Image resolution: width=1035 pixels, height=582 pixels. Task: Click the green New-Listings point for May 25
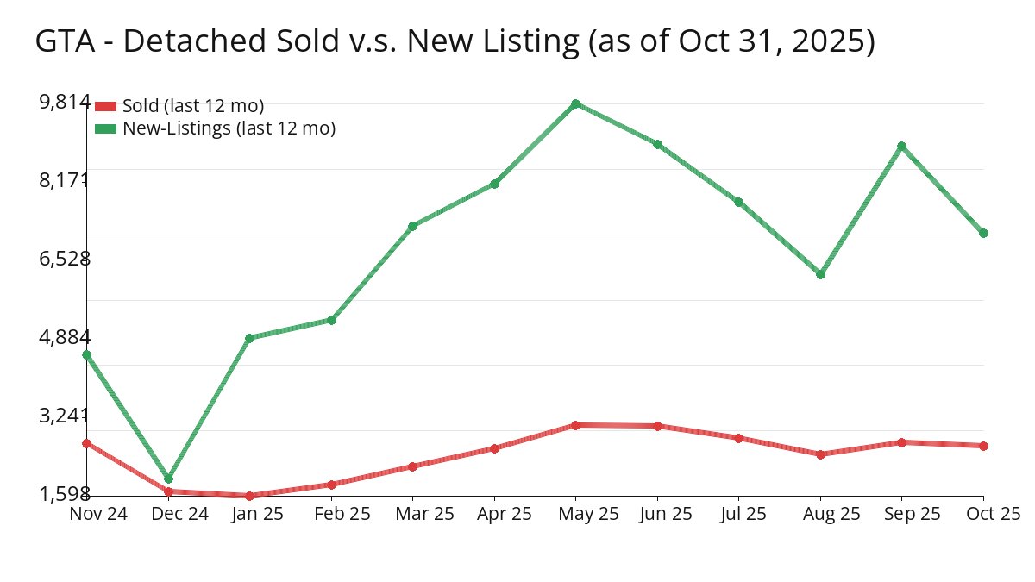click(x=575, y=103)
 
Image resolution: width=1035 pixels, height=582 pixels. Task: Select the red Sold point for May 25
click(x=575, y=425)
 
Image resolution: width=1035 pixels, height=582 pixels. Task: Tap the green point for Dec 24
click(x=168, y=479)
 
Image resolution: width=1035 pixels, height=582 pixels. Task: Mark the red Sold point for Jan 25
click(x=249, y=496)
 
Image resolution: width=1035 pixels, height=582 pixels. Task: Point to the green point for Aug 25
click(x=820, y=274)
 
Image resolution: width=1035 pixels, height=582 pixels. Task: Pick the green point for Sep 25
click(x=901, y=146)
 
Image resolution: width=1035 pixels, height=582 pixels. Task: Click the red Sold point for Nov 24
click(x=86, y=443)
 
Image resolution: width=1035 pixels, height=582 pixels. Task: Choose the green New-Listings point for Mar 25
click(x=412, y=226)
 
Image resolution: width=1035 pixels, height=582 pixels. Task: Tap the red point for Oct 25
click(x=983, y=446)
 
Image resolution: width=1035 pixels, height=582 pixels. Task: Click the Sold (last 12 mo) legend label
click(x=193, y=106)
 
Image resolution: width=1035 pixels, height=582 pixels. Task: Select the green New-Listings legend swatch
click(x=105, y=128)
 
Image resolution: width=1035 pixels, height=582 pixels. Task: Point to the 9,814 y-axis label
click(x=65, y=102)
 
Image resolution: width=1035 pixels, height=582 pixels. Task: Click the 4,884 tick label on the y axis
click(x=65, y=336)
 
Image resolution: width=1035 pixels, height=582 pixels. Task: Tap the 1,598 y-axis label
click(x=65, y=493)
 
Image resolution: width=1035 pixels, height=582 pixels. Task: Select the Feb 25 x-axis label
click(x=331, y=514)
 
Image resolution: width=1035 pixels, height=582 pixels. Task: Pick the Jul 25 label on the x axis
click(x=739, y=514)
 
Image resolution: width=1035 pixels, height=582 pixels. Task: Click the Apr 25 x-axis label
click(x=494, y=514)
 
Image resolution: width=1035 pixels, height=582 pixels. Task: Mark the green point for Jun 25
click(x=657, y=144)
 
